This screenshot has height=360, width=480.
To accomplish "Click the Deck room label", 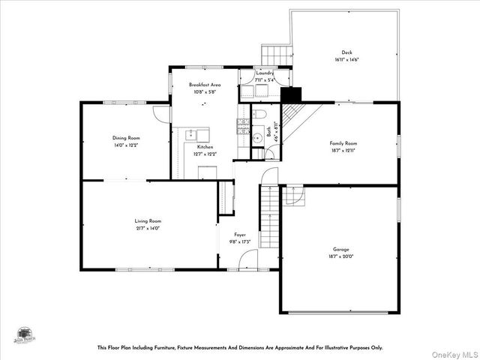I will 346,52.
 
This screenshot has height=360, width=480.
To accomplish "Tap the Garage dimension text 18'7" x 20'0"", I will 341,256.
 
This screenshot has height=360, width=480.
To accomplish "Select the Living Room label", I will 148,221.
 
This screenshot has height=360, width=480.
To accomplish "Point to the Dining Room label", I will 126,138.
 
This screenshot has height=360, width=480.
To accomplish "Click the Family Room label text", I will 343,142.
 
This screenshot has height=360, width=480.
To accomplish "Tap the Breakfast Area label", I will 204,85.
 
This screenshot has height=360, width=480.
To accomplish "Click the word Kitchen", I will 205,147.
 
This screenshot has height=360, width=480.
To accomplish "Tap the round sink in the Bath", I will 256,136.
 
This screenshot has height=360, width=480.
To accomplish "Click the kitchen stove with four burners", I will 243,126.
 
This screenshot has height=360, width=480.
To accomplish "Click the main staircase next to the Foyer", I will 269,217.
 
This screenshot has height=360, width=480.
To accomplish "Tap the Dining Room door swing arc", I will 162,113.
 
